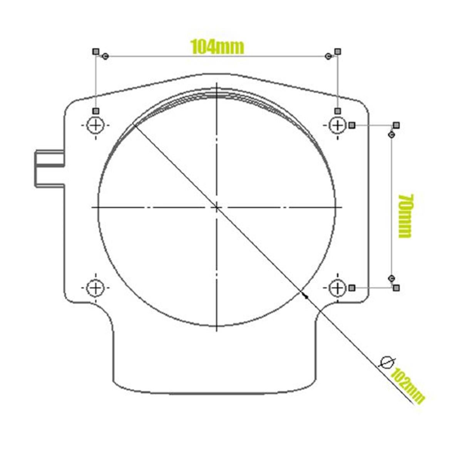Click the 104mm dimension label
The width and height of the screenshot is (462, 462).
217,47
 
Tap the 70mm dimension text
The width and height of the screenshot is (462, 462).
405,216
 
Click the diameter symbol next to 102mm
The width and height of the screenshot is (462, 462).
387,362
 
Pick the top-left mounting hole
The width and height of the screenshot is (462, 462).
95,125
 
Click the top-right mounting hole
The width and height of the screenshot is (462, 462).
338,125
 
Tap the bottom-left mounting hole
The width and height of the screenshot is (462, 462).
95,288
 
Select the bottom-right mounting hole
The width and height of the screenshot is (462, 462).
338,288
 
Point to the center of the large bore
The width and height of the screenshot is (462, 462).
217,208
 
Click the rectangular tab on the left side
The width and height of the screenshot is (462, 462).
49,169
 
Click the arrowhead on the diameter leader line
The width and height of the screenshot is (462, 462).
306,296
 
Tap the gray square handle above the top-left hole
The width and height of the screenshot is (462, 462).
96,111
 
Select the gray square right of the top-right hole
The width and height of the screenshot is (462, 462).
352,125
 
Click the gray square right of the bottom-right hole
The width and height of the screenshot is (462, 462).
352,288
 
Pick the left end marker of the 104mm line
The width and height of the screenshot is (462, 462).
105,57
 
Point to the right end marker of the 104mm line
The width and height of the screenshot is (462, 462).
328,57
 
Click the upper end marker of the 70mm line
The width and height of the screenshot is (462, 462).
392,135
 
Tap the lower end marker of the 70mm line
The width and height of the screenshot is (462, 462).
392,278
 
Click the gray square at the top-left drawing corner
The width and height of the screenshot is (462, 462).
96,51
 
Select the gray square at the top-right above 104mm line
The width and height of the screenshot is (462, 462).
338,51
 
